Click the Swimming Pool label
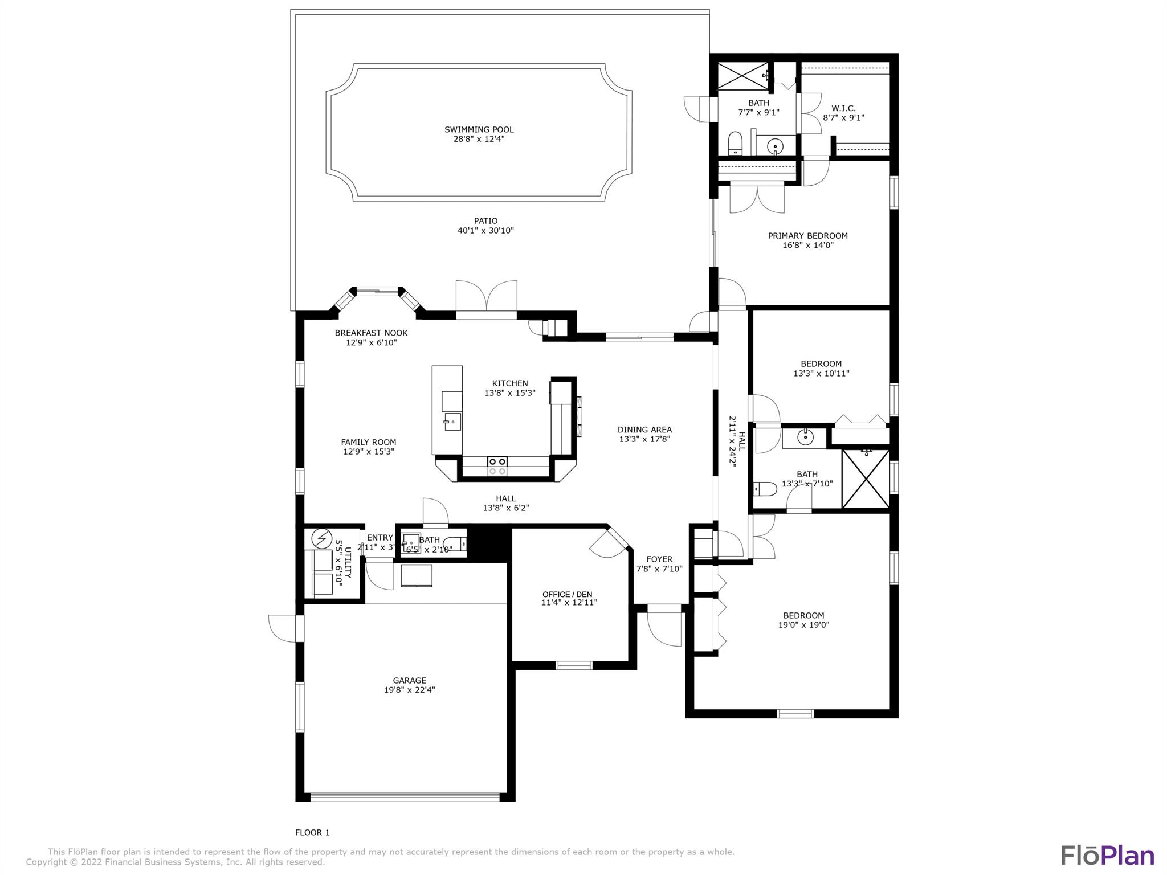click(479, 129)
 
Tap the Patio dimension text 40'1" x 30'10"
click(485, 231)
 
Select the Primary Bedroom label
click(807, 235)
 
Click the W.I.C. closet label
click(843, 108)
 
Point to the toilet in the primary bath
click(736, 144)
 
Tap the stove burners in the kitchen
click(497, 466)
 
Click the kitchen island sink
click(452, 422)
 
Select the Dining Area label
click(644, 430)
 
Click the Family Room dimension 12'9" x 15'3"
click(369, 452)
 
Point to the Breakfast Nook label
click(371, 333)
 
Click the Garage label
click(409, 680)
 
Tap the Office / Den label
click(569, 594)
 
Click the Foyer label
click(659, 559)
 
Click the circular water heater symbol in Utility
click(322, 538)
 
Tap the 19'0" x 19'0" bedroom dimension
click(803, 625)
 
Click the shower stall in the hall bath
click(865, 479)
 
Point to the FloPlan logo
click(1107, 856)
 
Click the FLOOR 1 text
click(312, 832)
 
